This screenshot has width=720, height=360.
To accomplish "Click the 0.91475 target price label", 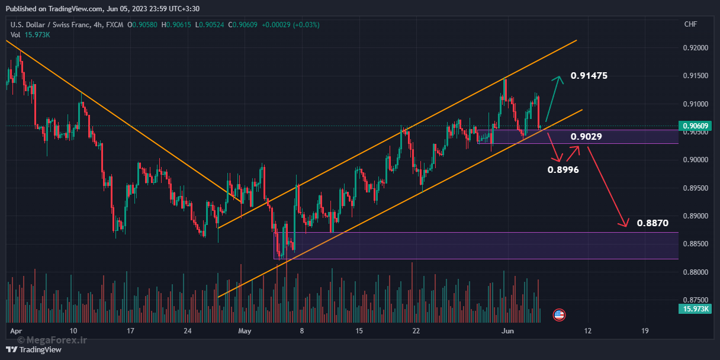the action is [589, 76].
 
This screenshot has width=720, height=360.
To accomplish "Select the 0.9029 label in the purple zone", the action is [586, 137].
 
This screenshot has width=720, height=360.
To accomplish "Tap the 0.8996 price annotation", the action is [563, 170].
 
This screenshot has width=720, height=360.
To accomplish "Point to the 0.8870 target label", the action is [652, 223].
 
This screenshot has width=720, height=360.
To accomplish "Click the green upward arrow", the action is [554, 98].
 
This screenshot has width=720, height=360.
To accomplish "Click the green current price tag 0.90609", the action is [695, 126].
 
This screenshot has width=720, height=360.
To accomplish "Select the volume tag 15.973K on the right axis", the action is [695, 309].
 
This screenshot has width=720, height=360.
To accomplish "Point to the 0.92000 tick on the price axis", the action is [696, 48].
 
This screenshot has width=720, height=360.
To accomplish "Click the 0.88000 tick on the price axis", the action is [696, 272].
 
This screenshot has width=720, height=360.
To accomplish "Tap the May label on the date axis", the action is [245, 331].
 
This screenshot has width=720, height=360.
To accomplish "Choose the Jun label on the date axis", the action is [507, 331].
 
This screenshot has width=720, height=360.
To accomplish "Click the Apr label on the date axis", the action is [16, 332].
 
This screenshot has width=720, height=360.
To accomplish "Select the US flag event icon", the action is [559, 315].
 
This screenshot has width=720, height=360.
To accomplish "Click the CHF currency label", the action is [690, 24].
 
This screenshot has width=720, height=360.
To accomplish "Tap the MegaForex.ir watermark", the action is [52, 340].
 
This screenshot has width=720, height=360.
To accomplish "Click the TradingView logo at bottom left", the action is [34, 349].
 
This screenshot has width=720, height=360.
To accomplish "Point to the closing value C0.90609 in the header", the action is [243, 25].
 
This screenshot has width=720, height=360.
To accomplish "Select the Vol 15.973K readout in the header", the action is [30, 35].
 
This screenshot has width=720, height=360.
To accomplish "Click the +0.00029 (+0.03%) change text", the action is [291, 25].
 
